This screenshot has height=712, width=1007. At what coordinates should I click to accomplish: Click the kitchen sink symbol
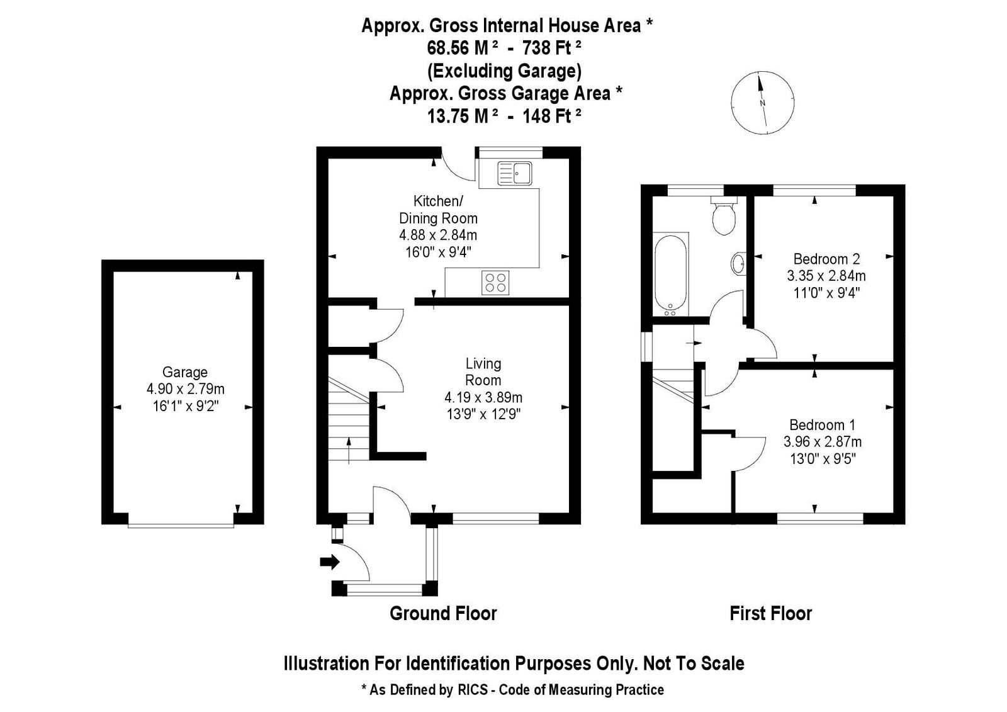(515, 173)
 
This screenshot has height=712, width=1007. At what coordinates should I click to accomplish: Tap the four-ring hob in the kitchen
(495, 283)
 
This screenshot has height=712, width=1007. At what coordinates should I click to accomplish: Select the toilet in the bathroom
(724, 215)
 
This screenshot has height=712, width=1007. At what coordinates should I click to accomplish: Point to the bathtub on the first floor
(670, 274)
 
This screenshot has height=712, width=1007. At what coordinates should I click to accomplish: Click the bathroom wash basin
(738, 264)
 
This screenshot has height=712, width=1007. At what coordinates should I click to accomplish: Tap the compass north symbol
(762, 103)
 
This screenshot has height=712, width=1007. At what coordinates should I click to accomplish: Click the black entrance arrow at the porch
(330, 562)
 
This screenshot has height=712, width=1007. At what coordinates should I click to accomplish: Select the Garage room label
(185, 372)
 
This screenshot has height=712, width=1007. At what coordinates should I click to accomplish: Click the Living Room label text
(483, 371)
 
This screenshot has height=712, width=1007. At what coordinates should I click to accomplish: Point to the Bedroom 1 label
(822, 424)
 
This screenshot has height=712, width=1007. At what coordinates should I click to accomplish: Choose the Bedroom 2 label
(827, 259)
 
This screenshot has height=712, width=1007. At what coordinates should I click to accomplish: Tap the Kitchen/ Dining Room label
(438, 210)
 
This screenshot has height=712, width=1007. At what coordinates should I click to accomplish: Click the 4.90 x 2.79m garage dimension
(186, 388)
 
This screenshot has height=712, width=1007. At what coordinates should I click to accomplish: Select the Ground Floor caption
(443, 614)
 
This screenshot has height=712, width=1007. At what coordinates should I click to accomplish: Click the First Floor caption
(771, 614)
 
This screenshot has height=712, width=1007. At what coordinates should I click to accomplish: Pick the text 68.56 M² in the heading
(463, 48)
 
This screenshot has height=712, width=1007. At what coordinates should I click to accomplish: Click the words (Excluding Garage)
(504, 71)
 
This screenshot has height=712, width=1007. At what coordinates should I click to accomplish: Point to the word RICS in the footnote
(473, 689)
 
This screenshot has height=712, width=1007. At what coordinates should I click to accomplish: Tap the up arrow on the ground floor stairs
(349, 449)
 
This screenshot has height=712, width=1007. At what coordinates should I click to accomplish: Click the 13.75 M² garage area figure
(463, 116)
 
